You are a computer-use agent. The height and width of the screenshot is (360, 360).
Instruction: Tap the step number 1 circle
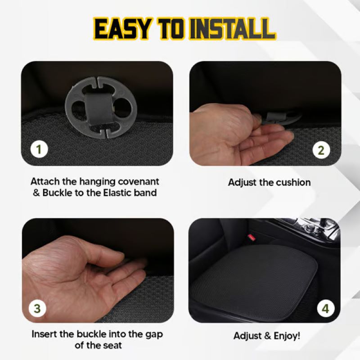tap(39, 149)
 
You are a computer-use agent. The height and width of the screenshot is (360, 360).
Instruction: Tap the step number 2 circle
tap(321, 149)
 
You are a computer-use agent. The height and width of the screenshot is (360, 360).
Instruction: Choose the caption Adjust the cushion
tap(269, 182)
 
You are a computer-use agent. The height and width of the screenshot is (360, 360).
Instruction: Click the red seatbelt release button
tap(252, 238)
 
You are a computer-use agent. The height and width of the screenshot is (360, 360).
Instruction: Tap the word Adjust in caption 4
tap(248, 336)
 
